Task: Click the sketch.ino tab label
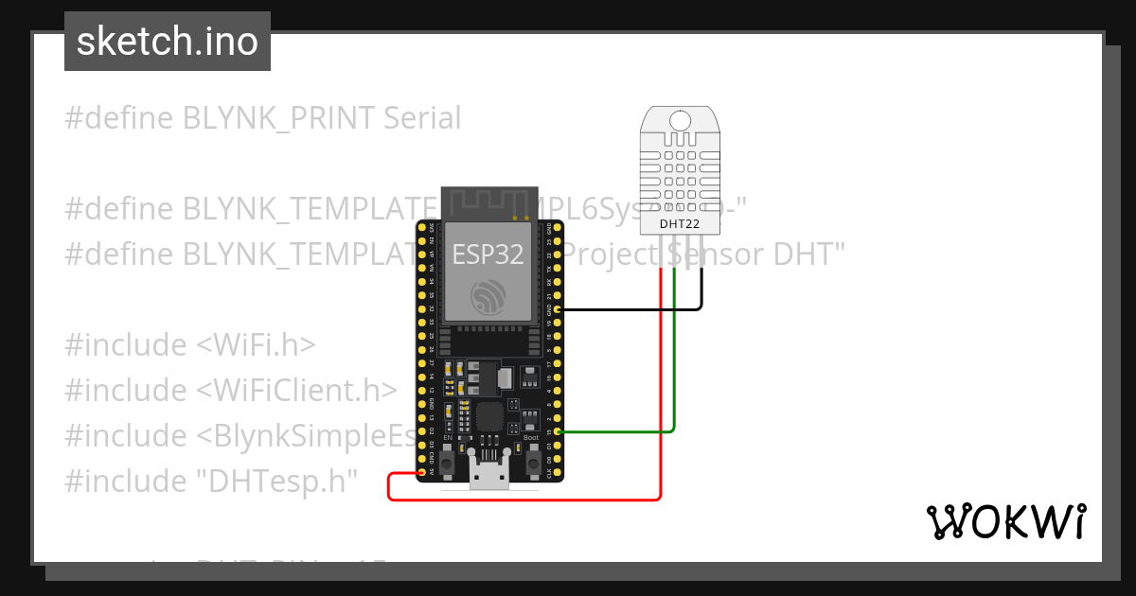[168, 42]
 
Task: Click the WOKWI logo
[1005, 522]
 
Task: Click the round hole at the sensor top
[680, 120]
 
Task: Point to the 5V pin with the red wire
[420, 472]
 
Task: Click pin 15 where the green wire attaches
[558, 432]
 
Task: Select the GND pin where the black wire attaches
[558, 308]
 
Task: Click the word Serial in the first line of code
[422, 118]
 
